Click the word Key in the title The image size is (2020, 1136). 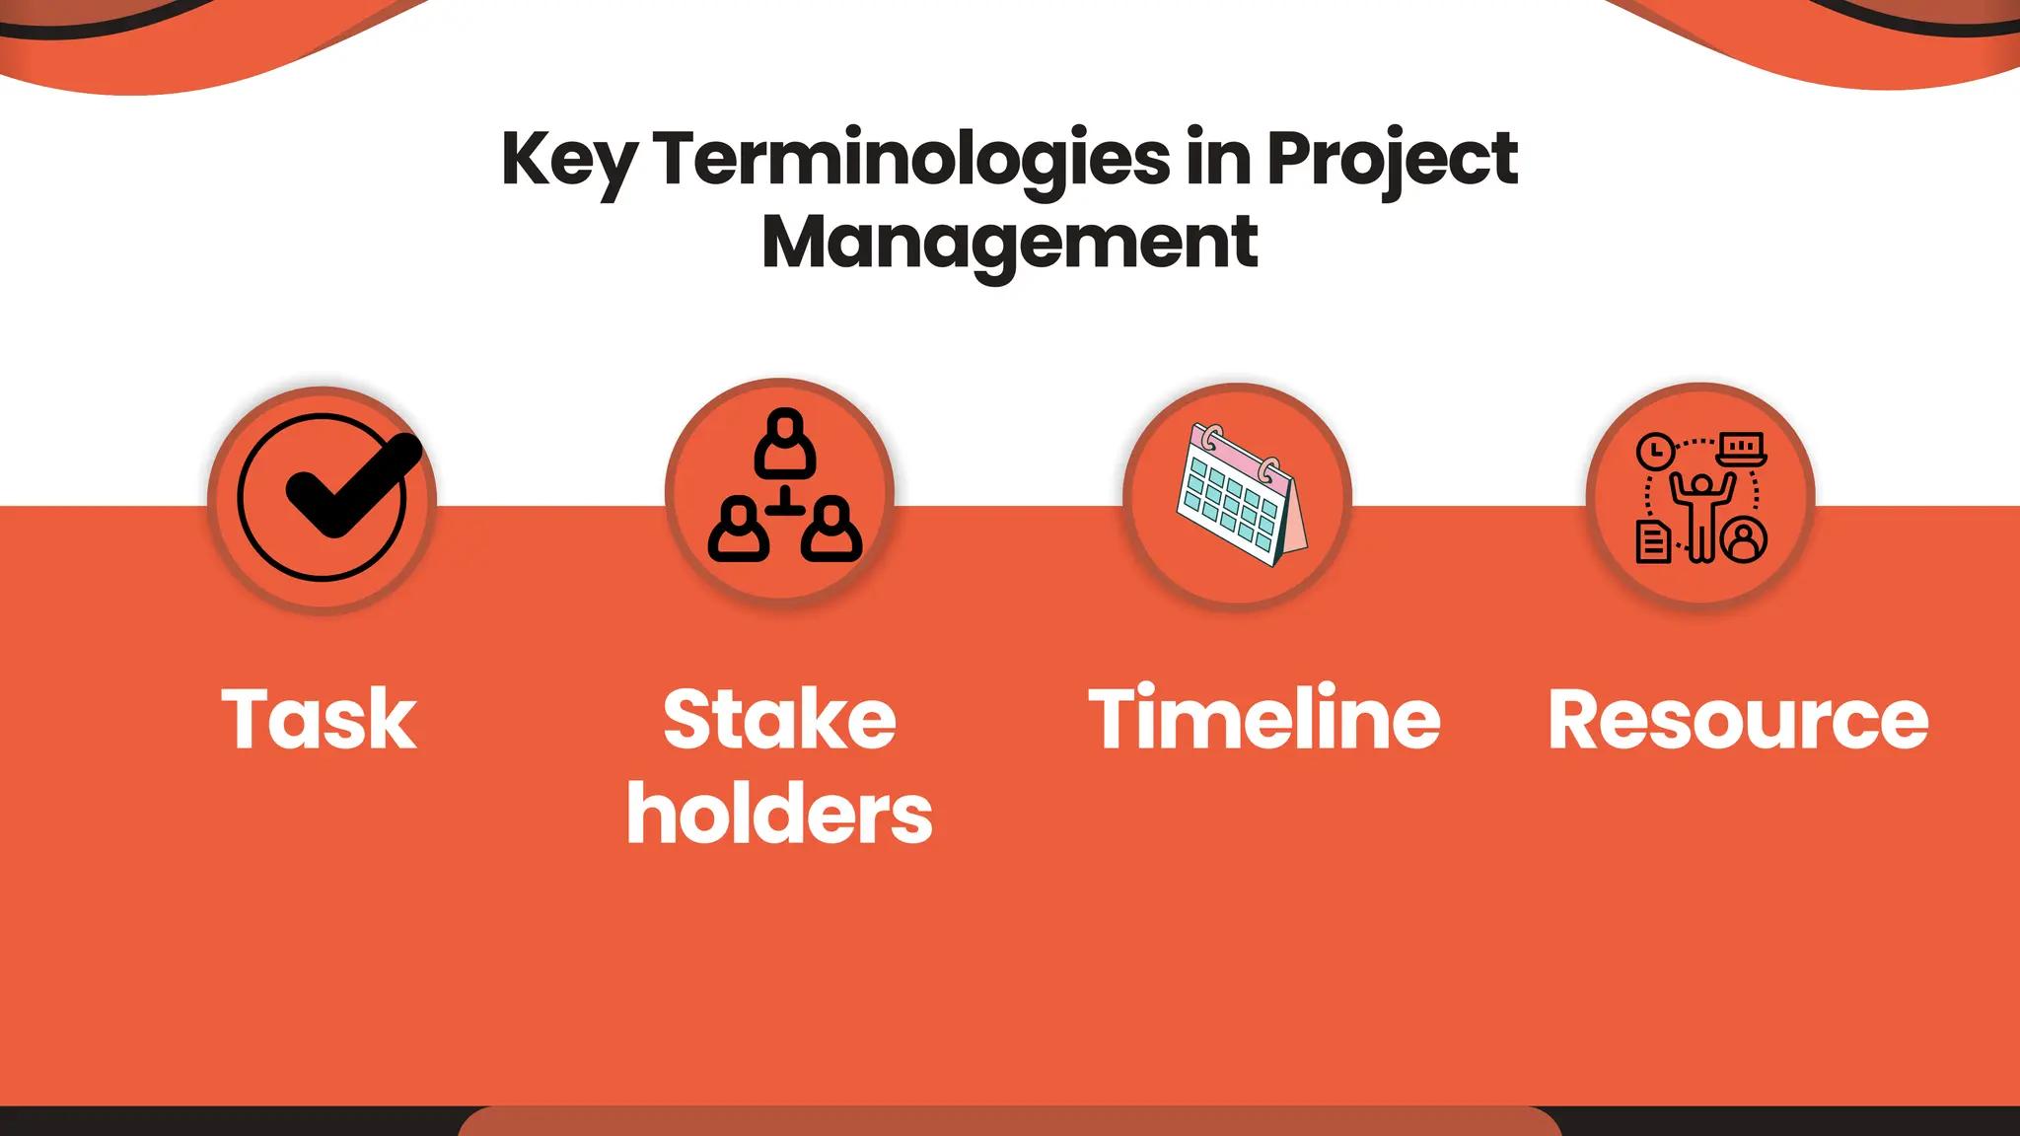(568, 161)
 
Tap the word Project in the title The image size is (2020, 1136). (1392, 161)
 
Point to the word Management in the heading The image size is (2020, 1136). (1009, 243)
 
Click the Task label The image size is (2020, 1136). (320, 720)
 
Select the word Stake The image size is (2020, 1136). (779, 720)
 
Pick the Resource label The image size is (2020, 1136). (1738, 720)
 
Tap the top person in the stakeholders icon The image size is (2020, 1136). (785, 443)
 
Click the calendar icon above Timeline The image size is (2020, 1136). (1240, 495)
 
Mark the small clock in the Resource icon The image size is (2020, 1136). (1655, 452)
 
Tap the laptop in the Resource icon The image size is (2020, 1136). (1742, 449)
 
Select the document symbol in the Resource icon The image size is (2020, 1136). (1653, 541)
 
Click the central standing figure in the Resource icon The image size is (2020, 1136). (1701, 514)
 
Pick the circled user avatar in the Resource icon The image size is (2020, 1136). (1745, 539)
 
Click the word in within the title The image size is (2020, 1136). (1219, 161)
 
